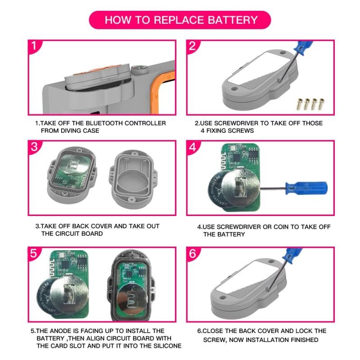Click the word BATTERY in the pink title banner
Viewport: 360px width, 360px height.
(233, 20)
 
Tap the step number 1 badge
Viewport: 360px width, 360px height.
(34, 46)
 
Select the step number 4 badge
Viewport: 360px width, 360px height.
(193, 147)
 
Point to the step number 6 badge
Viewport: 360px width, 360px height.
(193, 253)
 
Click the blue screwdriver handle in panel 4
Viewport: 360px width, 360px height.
(306, 188)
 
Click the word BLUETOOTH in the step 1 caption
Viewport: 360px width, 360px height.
(97, 123)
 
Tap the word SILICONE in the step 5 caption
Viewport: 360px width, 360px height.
(167, 346)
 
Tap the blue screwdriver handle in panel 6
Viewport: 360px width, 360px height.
(292, 254)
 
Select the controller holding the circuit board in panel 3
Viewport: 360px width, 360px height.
(72, 175)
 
